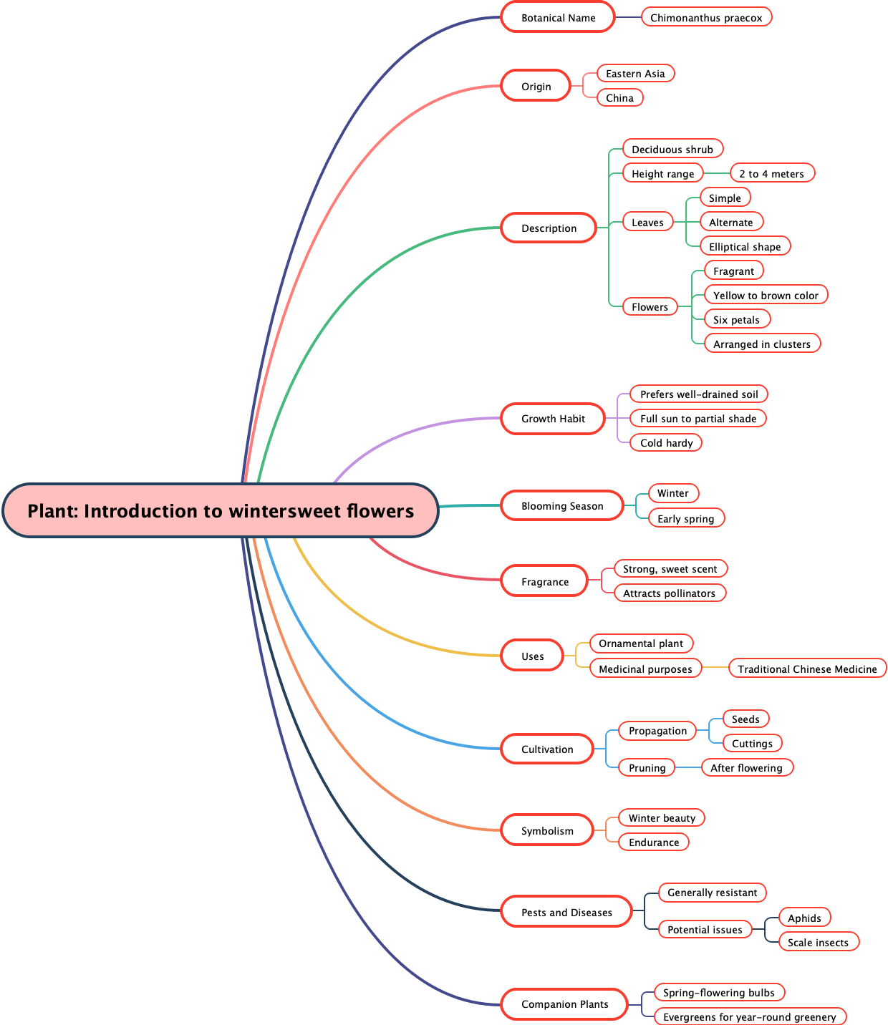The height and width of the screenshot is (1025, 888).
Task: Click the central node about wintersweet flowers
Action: coord(221,510)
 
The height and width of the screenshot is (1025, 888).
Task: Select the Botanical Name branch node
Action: coord(558,17)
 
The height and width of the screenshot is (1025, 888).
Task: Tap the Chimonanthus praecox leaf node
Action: coord(706,17)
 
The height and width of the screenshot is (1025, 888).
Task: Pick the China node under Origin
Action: coord(619,97)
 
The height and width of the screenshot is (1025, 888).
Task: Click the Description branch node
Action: coord(549,228)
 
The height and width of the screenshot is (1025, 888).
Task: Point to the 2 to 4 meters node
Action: coord(771,173)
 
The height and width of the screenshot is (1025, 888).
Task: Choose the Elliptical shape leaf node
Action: coord(745,246)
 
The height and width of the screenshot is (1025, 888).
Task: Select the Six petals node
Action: coord(736,319)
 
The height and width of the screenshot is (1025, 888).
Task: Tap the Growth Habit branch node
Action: coord(553,418)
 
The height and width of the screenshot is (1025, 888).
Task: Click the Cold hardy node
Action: coord(666,442)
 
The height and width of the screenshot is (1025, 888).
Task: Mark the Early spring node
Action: coord(685,518)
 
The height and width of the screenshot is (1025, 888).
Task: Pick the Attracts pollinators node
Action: coord(669,593)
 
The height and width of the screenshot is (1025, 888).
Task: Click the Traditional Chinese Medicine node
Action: coord(807,669)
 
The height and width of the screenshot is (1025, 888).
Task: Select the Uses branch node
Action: coord(532,656)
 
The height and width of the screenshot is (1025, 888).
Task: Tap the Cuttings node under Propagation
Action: coord(752,743)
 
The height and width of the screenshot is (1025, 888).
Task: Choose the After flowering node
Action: coord(746,767)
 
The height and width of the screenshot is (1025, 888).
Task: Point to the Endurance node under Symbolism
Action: coord(654,842)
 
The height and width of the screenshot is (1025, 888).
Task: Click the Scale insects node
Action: coord(818,942)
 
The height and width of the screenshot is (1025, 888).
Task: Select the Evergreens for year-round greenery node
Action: coord(749,1016)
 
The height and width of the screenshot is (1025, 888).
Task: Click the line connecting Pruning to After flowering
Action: coord(688,767)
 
